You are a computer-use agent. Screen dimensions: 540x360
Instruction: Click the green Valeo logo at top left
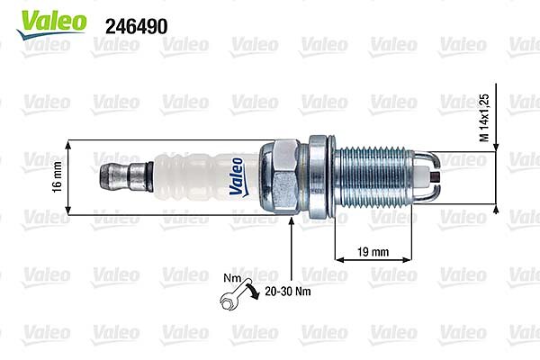coord(51,24)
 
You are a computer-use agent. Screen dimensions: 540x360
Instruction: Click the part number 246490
coord(137,26)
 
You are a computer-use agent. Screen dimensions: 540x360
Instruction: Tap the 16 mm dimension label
coord(57,177)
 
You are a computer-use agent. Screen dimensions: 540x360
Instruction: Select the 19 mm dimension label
coord(373,252)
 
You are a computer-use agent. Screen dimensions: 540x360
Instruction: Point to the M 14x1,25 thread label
coord(484,118)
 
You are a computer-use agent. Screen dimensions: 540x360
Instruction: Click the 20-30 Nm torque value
coord(288,292)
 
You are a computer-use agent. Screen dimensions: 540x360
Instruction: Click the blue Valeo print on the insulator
coord(237,177)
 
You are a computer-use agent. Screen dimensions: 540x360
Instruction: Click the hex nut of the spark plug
coord(279,176)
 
